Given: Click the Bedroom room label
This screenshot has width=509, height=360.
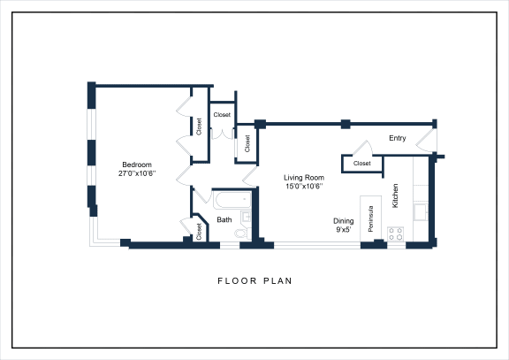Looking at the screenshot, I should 137,165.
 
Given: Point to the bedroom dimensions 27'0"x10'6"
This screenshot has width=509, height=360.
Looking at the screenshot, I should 137,173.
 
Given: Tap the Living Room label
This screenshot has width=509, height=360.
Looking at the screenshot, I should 304,178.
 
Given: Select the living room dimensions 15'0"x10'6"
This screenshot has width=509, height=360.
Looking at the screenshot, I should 304,187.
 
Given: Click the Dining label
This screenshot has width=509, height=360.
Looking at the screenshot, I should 343,220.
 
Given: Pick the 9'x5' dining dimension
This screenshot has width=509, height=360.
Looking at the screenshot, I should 343,229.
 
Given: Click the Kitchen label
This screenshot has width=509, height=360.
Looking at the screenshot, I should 395,195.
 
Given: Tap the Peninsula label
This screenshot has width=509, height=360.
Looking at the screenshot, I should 371,219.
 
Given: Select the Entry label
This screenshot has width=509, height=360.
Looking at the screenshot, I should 398,138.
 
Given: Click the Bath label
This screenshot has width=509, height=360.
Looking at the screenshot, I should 224,219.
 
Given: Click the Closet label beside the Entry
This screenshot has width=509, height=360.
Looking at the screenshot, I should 362,164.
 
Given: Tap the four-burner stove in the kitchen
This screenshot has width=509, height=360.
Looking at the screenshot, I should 397,234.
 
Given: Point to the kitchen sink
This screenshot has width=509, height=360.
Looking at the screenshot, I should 422,210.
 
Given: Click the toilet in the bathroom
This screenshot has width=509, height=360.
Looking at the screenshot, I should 240,233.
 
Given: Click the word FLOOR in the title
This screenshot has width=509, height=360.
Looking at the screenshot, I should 235,281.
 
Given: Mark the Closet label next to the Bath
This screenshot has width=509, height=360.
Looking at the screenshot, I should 200,232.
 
